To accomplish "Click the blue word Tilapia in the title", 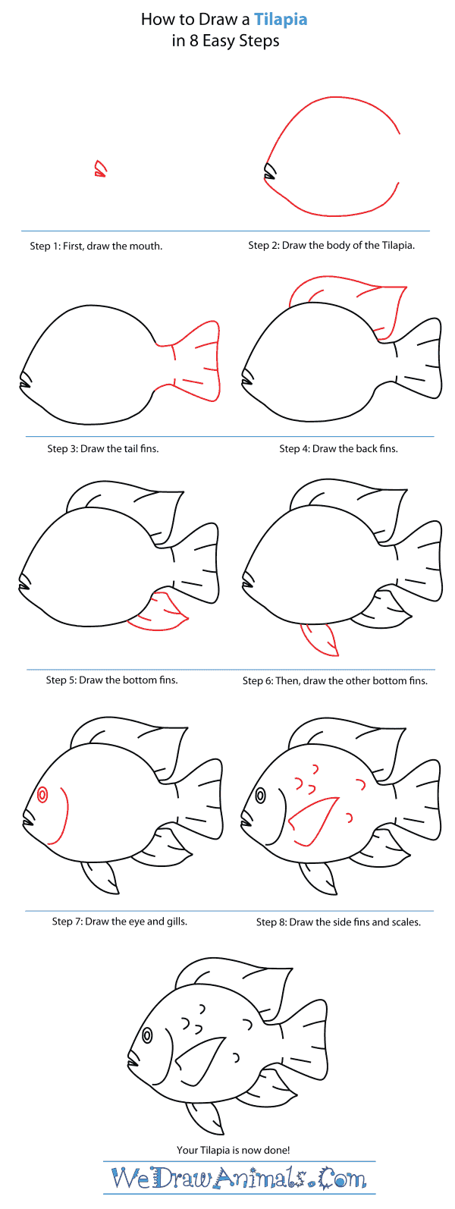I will pyautogui.click(x=280, y=20).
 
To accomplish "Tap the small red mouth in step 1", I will pyautogui.click(x=99, y=169).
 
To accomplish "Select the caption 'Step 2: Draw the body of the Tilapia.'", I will pyautogui.click(x=331, y=246).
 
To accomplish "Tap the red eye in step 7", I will pyautogui.click(x=42, y=795).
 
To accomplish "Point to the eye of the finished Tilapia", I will pyautogui.click(x=147, y=1035).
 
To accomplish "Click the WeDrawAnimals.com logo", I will pyautogui.click(x=239, y=1178).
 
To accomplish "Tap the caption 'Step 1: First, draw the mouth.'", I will pyautogui.click(x=96, y=246).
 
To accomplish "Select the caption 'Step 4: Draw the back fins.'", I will pyautogui.click(x=338, y=448).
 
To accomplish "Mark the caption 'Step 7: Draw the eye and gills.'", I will pyautogui.click(x=120, y=922).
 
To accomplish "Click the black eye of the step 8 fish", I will pyautogui.click(x=260, y=796).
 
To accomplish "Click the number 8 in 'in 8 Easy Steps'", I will pyautogui.click(x=194, y=41).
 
